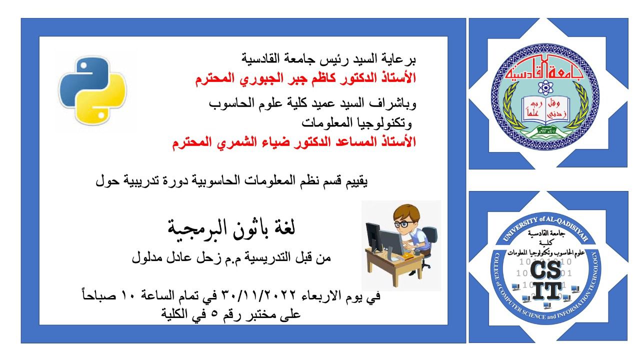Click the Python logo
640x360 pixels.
(x=92, y=91)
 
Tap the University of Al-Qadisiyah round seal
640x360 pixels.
(x=545, y=96)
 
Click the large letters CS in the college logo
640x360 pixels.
(x=545, y=270)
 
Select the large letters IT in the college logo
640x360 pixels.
(x=546, y=291)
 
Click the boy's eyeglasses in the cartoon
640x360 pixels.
(x=404, y=223)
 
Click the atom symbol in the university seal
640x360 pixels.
(x=545, y=87)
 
